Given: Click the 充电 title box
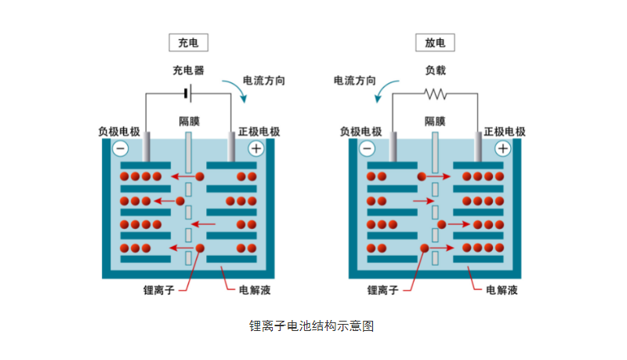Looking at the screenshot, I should (x=188, y=43).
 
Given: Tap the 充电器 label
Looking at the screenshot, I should (x=188, y=71).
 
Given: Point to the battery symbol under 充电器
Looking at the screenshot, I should (x=188, y=94).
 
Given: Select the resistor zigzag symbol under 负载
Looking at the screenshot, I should (x=435, y=94).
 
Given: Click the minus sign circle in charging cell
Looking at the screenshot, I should (x=121, y=147).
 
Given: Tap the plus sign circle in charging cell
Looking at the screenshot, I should (x=256, y=147).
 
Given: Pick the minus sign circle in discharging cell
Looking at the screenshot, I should (x=367, y=147).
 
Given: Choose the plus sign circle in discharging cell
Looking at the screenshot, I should (x=502, y=147).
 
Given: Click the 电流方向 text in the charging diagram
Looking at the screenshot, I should (x=264, y=80).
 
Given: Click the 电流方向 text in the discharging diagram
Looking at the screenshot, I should (x=355, y=80).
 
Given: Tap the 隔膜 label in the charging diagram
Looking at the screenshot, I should (x=188, y=122).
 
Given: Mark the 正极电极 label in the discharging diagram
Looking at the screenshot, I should (x=505, y=131).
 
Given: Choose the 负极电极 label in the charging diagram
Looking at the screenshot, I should (x=119, y=131).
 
